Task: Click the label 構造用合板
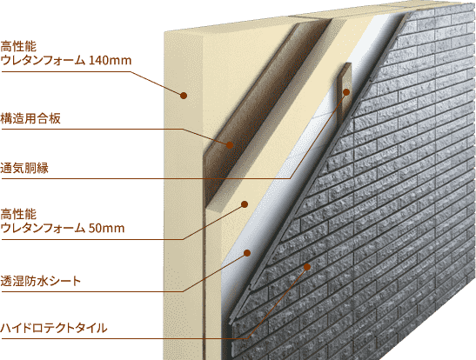pyautogui.click(x=30, y=118)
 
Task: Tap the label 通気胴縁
pyautogui.click(x=24, y=168)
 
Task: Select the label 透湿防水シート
pyautogui.click(x=40, y=281)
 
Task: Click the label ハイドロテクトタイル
pyautogui.click(x=53, y=328)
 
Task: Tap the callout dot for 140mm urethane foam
pyautogui.click(x=184, y=96)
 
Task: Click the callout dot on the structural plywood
pyautogui.click(x=230, y=145)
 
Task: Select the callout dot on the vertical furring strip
pyautogui.click(x=346, y=92)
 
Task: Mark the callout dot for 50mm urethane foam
pyautogui.click(x=245, y=204)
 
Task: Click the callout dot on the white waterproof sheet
pyautogui.click(x=247, y=253)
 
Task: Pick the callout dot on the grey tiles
pyautogui.click(x=307, y=267)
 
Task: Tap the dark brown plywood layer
pyautogui.click(x=258, y=116)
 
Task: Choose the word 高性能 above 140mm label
pyautogui.click(x=18, y=47)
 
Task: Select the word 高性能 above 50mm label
pyautogui.click(x=18, y=215)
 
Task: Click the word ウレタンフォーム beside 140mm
pyautogui.click(x=43, y=60)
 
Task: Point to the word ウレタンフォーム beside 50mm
pyautogui.click(x=43, y=228)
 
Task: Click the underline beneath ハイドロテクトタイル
pyautogui.click(x=124, y=338)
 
